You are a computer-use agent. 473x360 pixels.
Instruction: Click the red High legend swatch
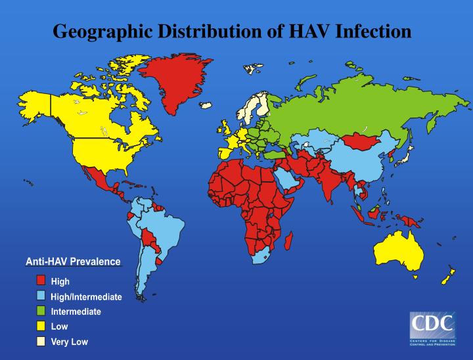click(x=41, y=281)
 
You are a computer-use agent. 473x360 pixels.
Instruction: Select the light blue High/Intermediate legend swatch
click(x=41, y=296)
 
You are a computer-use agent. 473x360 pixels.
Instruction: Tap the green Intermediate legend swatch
click(x=41, y=311)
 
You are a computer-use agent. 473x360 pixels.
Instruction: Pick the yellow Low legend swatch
click(x=41, y=326)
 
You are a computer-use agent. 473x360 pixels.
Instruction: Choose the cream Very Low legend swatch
click(x=41, y=342)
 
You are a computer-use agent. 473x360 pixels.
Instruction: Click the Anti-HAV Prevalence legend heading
click(x=73, y=262)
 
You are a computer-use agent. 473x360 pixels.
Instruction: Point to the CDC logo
click(x=432, y=329)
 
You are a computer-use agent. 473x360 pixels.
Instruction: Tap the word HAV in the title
click(x=311, y=31)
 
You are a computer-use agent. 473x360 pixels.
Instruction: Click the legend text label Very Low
click(x=69, y=342)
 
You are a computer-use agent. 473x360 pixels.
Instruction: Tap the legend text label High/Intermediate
click(x=86, y=297)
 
